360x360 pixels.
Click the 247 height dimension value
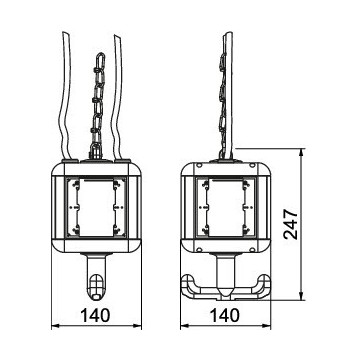[x=291, y=224]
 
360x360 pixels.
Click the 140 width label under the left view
[x=95, y=315]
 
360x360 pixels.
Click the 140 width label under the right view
[x=225, y=315]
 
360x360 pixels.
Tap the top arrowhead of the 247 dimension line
[x=301, y=153]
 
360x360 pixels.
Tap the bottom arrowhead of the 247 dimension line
[x=301, y=296]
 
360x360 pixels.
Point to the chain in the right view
[x=222, y=107]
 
